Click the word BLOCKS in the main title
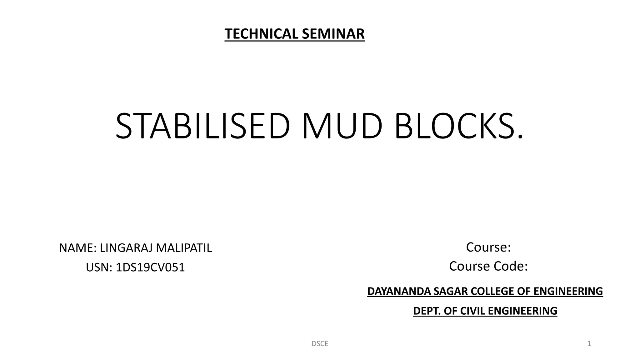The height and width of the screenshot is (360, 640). click(x=455, y=126)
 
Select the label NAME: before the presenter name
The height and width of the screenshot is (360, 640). click(x=78, y=248)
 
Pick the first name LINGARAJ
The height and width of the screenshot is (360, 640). click(x=126, y=248)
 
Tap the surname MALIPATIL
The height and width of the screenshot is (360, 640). click(x=184, y=248)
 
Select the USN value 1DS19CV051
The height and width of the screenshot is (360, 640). click(x=150, y=267)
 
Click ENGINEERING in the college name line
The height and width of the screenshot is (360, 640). click(x=568, y=291)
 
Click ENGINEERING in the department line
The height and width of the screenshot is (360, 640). click(x=522, y=311)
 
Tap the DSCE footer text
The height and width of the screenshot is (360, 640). click(x=320, y=344)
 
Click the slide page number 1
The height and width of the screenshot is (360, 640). click(x=589, y=344)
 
